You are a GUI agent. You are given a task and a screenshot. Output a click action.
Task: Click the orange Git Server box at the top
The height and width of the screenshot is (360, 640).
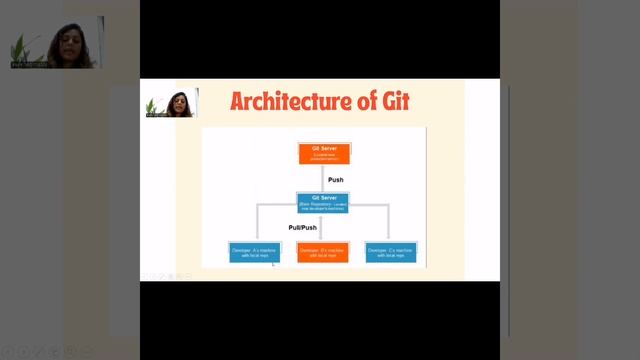tap(323, 153)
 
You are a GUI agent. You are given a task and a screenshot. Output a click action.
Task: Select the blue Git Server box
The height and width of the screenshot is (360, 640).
tap(323, 202)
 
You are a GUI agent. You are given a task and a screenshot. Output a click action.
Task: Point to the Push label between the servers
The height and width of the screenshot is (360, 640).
tap(336, 179)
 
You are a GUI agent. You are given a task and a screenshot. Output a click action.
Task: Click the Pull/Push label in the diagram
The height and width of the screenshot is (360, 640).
tap(303, 227)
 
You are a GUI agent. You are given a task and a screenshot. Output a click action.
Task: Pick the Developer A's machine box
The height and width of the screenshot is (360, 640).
tap(255, 251)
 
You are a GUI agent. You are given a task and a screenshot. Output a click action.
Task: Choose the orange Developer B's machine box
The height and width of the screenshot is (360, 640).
tap(323, 251)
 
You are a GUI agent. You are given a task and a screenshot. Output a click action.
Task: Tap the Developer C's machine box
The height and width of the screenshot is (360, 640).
tap(391, 251)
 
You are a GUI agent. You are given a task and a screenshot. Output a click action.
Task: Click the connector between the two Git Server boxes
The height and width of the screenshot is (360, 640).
tap(323, 178)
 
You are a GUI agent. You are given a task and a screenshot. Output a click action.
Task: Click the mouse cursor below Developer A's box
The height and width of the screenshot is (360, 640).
tap(273, 263)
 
